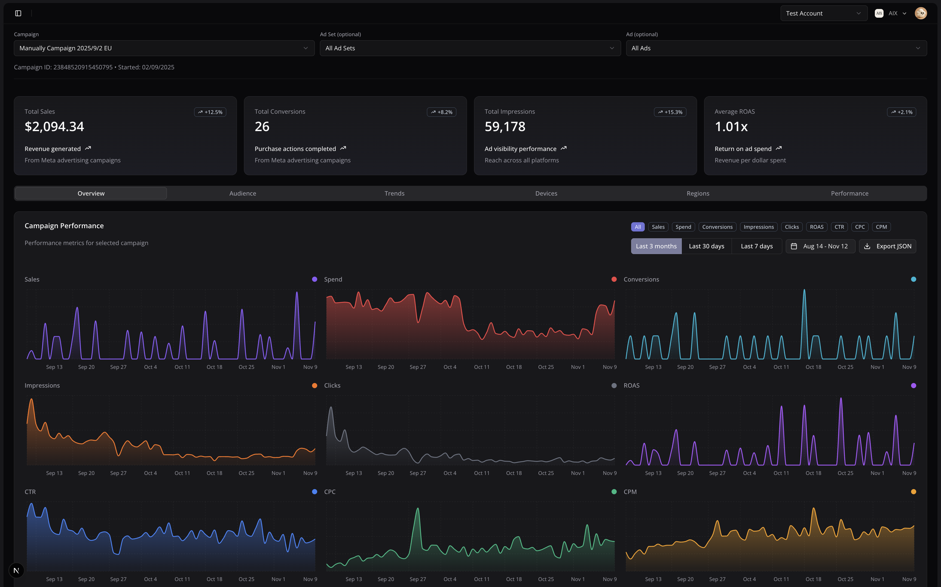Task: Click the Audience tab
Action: click(242, 193)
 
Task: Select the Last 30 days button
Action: click(706, 246)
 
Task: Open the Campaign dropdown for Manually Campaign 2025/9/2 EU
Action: click(164, 48)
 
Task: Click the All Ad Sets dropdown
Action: click(470, 48)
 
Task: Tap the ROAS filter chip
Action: click(816, 227)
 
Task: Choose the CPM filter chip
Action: click(881, 227)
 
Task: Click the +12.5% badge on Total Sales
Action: click(210, 112)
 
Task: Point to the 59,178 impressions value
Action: click(505, 126)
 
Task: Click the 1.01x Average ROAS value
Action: click(731, 126)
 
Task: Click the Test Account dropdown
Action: click(823, 13)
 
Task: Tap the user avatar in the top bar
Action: click(920, 13)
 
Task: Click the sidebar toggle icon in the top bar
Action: click(18, 13)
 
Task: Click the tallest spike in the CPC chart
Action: click(418, 509)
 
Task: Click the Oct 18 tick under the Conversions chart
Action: click(813, 367)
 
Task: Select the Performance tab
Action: click(849, 193)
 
